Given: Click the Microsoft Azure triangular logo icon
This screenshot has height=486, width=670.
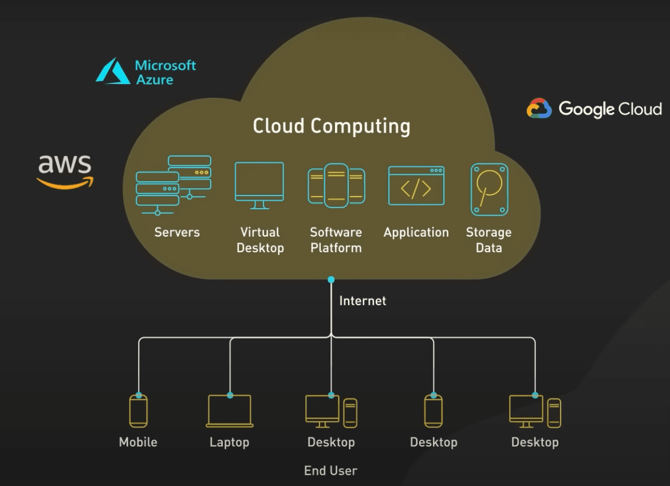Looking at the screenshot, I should coord(113,71).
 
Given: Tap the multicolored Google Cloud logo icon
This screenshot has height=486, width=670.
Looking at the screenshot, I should coord(539,109).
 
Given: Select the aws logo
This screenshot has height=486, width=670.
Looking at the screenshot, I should coord(65,170).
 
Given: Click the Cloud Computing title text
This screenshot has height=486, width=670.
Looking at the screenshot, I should coord(332,126).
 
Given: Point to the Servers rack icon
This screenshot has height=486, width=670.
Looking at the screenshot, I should coord(174,185).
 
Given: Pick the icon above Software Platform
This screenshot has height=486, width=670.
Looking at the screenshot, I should coord(336,185).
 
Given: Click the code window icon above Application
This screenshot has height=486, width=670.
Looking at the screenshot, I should coord(416,185).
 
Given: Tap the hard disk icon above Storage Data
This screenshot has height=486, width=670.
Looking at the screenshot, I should coord(489,189).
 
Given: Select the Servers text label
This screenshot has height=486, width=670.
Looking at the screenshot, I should coord(177,233).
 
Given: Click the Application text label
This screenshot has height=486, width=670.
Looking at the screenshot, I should coord(416,233).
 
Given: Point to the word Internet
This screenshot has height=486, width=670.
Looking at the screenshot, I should coord(362,301).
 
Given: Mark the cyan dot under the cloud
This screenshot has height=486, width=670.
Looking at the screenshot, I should coord(331,280).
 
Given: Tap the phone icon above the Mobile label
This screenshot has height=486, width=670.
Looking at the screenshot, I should coord(138,412).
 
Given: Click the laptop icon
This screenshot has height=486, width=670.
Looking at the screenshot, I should coord(230,412).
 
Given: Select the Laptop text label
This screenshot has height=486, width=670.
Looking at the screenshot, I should coord(229,443).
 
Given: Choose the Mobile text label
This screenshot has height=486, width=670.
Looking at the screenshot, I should coord(138,443).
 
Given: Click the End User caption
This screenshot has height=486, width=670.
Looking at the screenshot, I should coord(330,471).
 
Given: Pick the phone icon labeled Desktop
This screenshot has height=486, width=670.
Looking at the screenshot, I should coord(433,412).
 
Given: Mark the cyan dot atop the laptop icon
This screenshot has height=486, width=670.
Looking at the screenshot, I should coord(230,395).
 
